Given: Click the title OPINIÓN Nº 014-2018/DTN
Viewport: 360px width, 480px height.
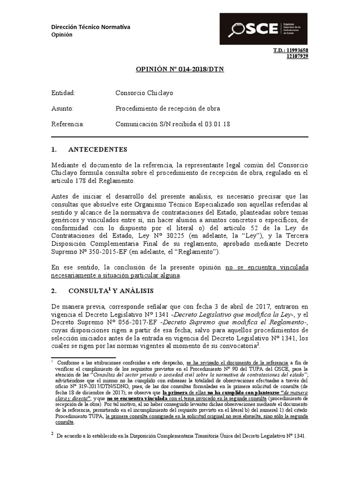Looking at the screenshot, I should click(x=180, y=69).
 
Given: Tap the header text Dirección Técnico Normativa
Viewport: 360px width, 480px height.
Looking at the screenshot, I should click(x=90, y=27).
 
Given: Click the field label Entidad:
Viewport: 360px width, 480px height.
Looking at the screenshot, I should click(x=63, y=93).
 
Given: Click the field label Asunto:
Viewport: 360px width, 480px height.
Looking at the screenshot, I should click(x=62, y=109).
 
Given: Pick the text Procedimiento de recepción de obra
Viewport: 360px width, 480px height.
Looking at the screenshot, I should click(x=168, y=109).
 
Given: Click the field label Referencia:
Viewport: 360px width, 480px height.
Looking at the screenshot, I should click(x=67, y=124).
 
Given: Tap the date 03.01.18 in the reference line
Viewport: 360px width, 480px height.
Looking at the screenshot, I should click(x=217, y=124).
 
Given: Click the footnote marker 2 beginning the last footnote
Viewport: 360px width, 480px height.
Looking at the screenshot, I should click(x=52, y=434).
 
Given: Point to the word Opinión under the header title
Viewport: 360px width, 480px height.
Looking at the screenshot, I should click(x=62, y=35).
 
